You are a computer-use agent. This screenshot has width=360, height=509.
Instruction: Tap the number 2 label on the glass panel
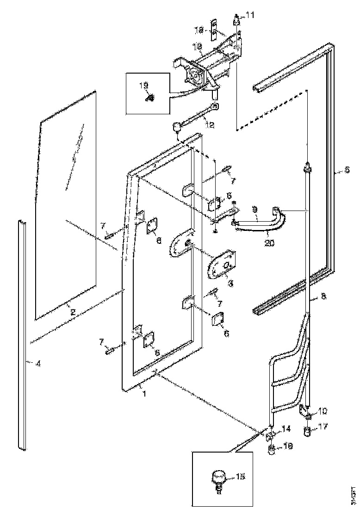73,312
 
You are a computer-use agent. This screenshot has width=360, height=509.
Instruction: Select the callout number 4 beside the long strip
38,363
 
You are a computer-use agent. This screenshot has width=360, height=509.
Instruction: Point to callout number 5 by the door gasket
347,170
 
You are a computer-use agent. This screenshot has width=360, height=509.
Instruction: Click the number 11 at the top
250,15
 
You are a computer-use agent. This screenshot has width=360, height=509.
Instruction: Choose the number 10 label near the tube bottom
323,410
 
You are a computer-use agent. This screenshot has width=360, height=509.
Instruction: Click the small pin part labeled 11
236,20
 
